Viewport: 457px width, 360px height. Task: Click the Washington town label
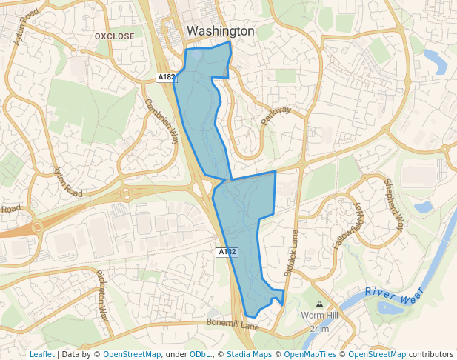(x=220, y=31)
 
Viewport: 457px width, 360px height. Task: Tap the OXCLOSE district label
(x=115, y=36)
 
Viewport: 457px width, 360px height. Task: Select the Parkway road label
(x=276, y=116)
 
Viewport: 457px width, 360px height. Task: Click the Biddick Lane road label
(x=292, y=253)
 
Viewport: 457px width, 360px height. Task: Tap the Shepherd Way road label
(x=393, y=204)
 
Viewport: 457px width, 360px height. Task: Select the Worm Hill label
(x=319, y=316)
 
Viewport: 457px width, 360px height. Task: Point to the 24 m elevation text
(x=319, y=328)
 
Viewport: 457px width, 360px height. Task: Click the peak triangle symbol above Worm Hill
(x=319, y=304)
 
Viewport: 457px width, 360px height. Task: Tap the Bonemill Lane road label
(x=233, y=325)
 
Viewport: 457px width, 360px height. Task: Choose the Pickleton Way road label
(x=102, y=295)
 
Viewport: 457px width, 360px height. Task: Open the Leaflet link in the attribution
(x=41, y=355)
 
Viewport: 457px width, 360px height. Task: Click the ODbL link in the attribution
(x=199, y=355)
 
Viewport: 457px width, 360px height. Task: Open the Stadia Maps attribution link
(x=247, y=355)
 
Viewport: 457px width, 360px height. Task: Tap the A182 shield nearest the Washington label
(x=166, y=77)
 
